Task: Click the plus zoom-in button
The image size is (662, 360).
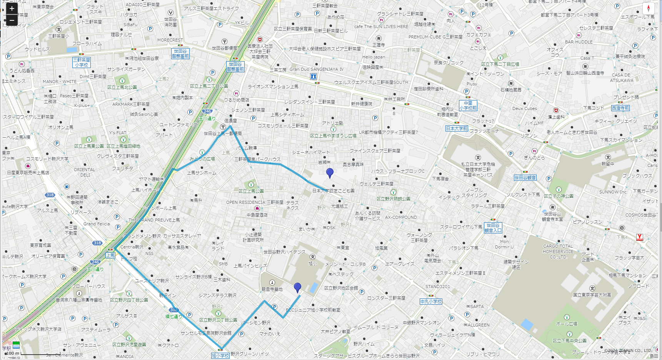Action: click(12, 8)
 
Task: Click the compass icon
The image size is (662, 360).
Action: click(648, 8)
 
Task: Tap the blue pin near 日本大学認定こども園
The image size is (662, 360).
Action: click(330, 173)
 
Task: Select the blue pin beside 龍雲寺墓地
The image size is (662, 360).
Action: click(297, 287)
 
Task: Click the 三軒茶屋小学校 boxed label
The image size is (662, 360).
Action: click(82, 62)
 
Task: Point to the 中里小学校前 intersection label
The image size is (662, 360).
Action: click(468, 105)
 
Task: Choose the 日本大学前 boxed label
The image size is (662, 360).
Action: click(457, 128)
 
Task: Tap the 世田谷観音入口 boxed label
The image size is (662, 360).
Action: click(493, 228)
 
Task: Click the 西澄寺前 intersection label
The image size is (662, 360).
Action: click(620, 108)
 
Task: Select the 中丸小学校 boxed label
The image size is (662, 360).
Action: click(431, 302)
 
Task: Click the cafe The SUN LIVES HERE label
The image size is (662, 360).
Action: click(381, 27)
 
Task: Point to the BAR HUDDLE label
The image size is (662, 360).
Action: click(579, 42)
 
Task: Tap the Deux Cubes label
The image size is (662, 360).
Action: click(524, 108)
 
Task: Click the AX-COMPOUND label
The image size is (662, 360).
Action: click(401, 217)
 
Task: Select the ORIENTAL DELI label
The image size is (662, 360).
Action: click(85, 172)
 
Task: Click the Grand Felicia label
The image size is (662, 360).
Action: click(97, 224)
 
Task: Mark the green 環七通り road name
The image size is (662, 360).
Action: click(173, 317)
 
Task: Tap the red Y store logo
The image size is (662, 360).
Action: click(640, 237)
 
